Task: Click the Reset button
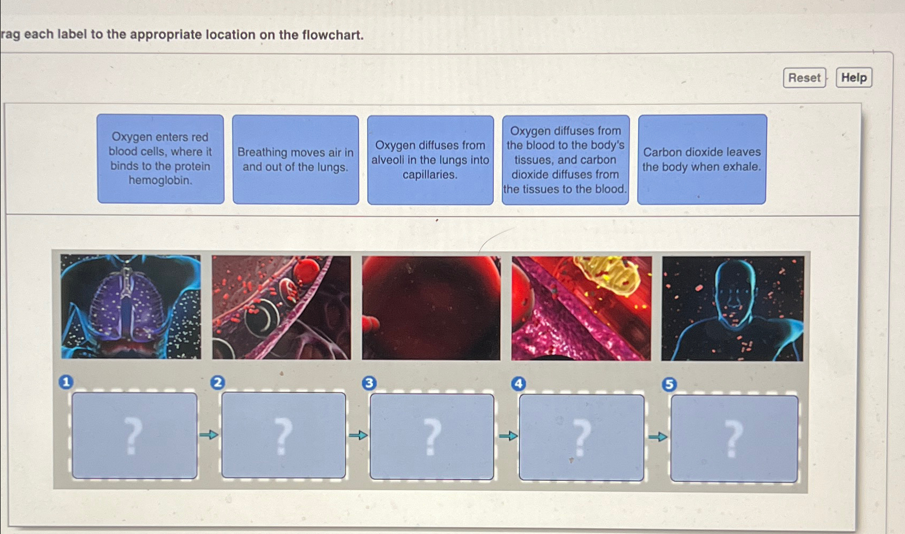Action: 804,78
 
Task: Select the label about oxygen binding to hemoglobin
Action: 160,159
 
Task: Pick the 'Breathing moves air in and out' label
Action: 296,160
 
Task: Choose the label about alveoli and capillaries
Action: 430,160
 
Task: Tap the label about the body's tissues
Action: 565,160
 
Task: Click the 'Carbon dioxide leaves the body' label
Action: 702,159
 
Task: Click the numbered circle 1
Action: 66,382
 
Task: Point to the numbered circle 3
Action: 369,383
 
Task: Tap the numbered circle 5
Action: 669,384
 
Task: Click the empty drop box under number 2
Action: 283,436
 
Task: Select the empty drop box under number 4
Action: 581,438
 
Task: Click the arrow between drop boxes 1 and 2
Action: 209,435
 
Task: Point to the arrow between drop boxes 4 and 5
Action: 658,437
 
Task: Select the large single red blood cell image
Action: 431,307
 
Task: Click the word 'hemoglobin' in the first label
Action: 160,180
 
